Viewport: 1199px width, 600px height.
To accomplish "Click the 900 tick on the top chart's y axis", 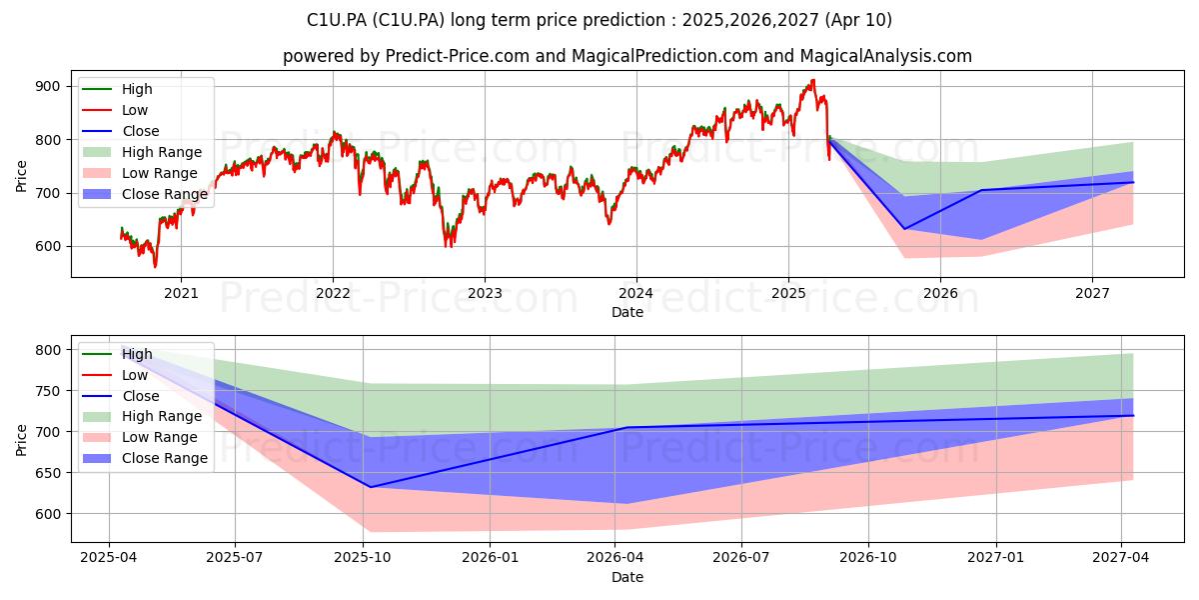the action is coord(48,87).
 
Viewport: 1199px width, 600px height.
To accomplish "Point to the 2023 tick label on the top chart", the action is coord(485,294).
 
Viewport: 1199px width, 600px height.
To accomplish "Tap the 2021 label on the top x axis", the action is coord(181,294).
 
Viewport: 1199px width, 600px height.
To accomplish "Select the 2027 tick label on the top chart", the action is coord(1092,294).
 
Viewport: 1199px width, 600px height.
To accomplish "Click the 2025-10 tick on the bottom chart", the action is coord(363,558).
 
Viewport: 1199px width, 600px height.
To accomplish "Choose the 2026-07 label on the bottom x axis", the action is coord(741,558).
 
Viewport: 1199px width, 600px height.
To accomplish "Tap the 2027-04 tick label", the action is coord(1120,558).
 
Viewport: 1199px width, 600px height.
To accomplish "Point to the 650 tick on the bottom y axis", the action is coord(48,473).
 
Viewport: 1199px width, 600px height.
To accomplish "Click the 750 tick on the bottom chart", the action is coord(48,391).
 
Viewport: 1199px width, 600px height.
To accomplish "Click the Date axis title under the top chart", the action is coord(627,312).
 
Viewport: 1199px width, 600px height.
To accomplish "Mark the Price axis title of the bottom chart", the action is coord(21,440).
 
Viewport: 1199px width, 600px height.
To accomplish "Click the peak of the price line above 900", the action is coord(813,80).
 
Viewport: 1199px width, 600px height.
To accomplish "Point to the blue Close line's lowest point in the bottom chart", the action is coord(371,487).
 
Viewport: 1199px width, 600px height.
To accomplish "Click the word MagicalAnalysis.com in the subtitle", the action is coord(886,56).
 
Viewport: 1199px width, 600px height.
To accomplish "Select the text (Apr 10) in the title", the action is coord(858,20).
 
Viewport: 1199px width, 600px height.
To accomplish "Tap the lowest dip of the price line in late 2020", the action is coord(155,267).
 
